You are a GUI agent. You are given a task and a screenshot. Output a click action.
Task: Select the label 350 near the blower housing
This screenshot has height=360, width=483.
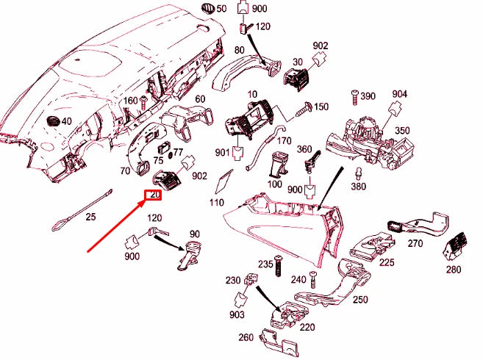coord(402,131)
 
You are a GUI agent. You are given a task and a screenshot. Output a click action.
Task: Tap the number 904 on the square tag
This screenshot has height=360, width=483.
coord(399,94)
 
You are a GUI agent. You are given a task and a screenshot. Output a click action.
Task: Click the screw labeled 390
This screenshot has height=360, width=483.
coord(354,96)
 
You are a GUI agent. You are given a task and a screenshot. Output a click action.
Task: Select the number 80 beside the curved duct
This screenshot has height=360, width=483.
coord(239,50)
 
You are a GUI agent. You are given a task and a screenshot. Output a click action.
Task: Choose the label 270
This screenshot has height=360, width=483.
coord(415,243)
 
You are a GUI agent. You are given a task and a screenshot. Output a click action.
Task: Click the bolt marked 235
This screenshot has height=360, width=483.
coord(279,268)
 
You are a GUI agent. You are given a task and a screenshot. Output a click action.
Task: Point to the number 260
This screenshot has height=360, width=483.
coord(246,338)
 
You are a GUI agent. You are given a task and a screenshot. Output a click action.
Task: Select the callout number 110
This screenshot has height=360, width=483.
coord(216,202)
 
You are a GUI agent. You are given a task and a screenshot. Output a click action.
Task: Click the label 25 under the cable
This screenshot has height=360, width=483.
coord(90,217)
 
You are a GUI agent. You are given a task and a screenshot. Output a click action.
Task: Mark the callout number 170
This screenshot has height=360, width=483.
coord(285,140)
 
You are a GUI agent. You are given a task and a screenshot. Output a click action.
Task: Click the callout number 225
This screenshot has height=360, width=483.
coord(387,262)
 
